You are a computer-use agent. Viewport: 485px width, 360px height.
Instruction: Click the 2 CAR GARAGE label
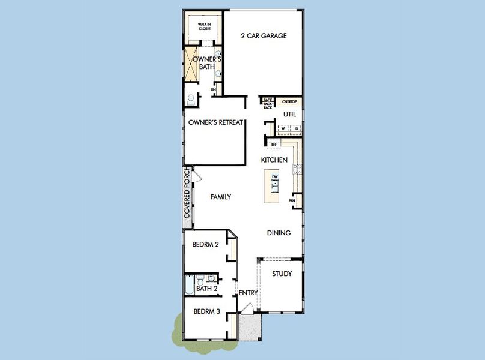tap(264, 36)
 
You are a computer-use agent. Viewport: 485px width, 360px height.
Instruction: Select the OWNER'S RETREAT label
tap(215, 122)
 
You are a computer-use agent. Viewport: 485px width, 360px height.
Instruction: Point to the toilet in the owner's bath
tap(191, 98)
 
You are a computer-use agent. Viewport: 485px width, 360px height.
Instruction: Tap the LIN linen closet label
tap(213, 90)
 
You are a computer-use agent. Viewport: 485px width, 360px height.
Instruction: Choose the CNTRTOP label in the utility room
tap(289, 101)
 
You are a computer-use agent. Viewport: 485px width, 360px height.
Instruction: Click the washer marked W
tap(282, 128)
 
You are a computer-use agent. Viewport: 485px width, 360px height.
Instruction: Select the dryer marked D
tap(296, 128)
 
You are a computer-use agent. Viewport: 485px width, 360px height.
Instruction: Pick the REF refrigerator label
tap(274, 145)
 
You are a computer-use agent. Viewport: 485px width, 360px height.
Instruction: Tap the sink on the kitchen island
tap(275, 186)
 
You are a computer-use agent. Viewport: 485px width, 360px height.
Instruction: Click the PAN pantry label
tap(292, 200)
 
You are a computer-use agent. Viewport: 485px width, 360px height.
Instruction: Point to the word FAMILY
tap(220, 197)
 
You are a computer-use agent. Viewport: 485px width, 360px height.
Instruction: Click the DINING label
tap(279, 233)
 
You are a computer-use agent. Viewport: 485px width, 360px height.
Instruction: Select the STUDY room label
tap(282, 274)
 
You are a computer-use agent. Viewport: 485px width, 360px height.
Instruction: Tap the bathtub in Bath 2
tap(190, 285)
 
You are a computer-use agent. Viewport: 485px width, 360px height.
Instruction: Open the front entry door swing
tap(246, 308)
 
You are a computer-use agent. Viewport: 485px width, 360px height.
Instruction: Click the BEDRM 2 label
tap(205, 244)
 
